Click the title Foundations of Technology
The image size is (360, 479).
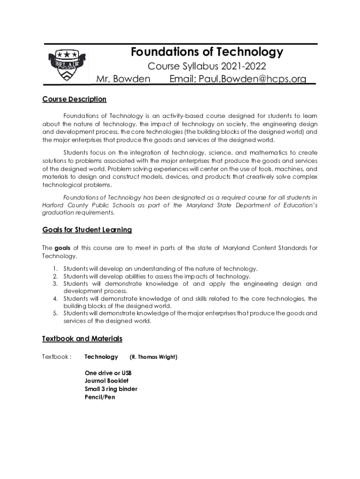(x=207, y=52)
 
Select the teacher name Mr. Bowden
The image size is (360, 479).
(x=123, y=79)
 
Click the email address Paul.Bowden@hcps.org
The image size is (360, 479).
(x=238, y=79)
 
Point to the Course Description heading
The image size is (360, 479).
(x=74, y=99)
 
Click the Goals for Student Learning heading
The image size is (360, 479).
(x=87, y=230)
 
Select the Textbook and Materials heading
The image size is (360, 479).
(x=82, y=338)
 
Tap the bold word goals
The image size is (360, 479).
(x=63, y=247)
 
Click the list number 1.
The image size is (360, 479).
(x=55, y=269)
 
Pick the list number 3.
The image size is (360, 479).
(x=55, y=283)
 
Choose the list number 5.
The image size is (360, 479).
(x=55, y=313)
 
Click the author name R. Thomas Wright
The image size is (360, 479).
(x=153, y=357)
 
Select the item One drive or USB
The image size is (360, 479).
(x=108, y=373)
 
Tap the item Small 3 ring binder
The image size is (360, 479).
(x=111, y=389)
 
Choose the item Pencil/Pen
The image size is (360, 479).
(x=100, y=397)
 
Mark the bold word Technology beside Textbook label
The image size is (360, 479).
(x=101, y=357)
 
